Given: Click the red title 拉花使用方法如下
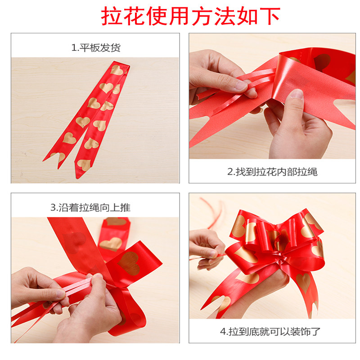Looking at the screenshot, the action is click(190, 16).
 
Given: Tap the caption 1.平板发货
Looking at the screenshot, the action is click(96, 48).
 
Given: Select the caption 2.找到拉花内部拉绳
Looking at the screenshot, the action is click(272, 172).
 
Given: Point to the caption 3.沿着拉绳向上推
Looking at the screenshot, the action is click(90, 207).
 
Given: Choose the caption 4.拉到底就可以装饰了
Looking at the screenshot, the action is click(270, 332).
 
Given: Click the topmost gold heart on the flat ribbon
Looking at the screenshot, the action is click(117, 70).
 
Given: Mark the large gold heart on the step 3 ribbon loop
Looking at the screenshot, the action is click(129, 263).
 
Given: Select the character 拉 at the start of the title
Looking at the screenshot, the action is click(111, 16).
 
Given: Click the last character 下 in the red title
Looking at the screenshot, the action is click(270, 16).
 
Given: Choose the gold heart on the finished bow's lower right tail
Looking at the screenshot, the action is click(303, 283).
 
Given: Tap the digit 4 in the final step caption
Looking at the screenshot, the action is click(223, 332).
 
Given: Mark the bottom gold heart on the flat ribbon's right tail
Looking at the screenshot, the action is click(84, 164).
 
